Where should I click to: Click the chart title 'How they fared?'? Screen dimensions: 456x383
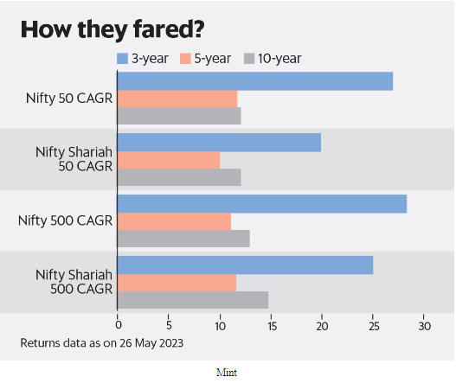point(112,29)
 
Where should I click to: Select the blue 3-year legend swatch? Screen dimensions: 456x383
point(122,59)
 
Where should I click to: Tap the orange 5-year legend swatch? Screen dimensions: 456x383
point(185,59)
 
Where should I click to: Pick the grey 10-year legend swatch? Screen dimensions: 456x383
point(249,59)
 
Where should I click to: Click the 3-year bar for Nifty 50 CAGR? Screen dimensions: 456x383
point(255,81)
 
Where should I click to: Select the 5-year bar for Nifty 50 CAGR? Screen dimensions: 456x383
point(177,99)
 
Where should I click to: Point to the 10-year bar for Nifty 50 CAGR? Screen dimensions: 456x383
point(179,116)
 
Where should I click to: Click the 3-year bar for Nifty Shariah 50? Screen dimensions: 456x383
point(219,143)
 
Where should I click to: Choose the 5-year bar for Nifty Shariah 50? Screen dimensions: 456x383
point(169,160)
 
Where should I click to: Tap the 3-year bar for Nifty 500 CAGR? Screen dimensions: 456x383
point(262,204)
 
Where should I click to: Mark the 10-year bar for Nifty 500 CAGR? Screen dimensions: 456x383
point(183,239)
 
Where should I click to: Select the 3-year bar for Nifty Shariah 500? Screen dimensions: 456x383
point(245,265)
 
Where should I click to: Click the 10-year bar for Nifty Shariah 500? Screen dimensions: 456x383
point(193,300)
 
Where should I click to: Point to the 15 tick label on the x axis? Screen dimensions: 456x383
point(272,326)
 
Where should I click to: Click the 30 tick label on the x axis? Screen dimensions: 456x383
point(425,326)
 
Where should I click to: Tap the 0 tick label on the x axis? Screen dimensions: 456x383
point(119,325)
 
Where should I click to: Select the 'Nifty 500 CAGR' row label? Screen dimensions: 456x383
point(65,220)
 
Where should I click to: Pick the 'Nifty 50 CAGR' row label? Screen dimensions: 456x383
point(69,99)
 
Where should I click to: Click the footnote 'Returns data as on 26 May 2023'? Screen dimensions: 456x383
point(102,343)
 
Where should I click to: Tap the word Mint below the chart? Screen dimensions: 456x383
point(227,373)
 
